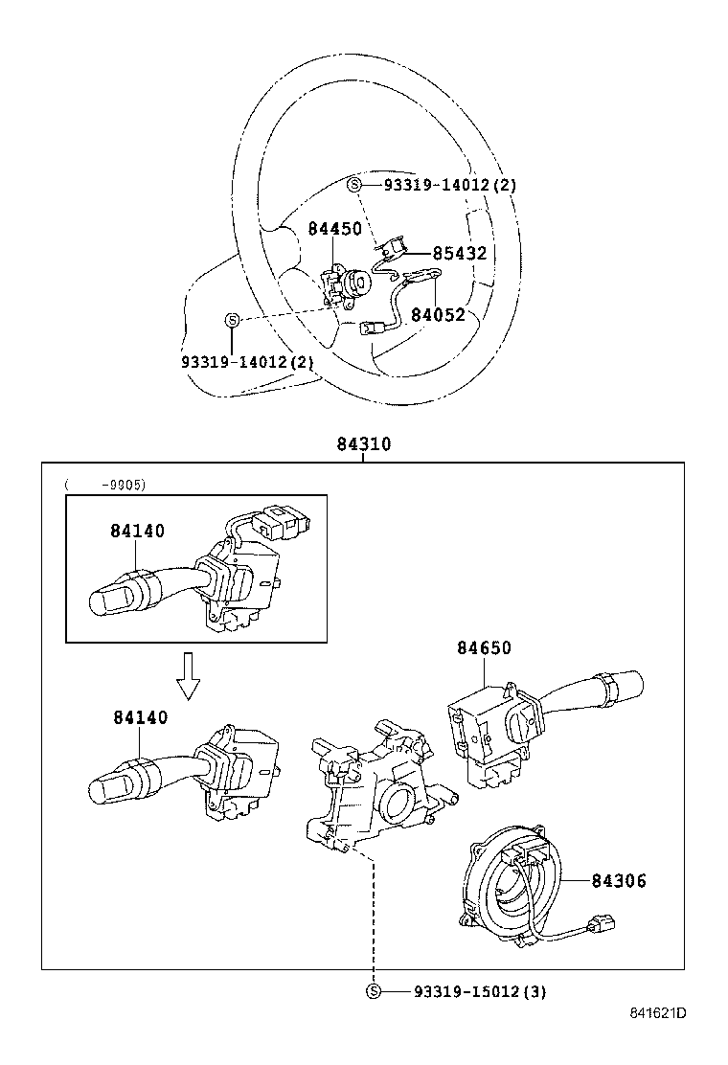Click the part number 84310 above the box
tap(363, 445)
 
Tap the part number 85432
tap(459, 254)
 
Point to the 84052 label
tap(438, 314)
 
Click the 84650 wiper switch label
tap(483, 648)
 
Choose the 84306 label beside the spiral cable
tap(618, 881)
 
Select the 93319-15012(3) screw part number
tap(479, 992)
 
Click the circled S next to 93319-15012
tap(374, 992)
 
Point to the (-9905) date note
tap(105, 485)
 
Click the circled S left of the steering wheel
tap(232, 320)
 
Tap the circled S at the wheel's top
tap(354, 185)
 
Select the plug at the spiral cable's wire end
tap(602, 926)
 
